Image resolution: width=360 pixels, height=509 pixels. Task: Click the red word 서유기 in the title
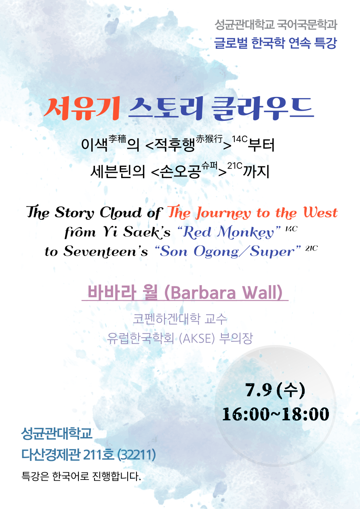click(82, 109)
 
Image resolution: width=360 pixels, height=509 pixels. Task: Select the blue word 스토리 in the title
click(166, 109)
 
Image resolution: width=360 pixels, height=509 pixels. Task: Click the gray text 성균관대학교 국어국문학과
click(276, 25)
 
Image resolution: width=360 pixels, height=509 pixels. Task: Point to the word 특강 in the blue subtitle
click(325, 43)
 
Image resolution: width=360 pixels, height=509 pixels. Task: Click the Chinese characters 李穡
click(117, 139)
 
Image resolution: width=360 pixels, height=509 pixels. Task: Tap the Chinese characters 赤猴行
click(209, 139)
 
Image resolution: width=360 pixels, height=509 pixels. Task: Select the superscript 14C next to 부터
click(240, 139)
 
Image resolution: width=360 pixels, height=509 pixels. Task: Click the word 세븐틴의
click(118, 171)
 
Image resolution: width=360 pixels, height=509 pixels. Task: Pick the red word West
click(320, 212)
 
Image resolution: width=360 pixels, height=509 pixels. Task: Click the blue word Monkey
click(246, 232)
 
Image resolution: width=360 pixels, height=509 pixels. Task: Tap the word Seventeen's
click(106, 252)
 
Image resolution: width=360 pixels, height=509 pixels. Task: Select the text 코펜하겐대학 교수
click(180, 319)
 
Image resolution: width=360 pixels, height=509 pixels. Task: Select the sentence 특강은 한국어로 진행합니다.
click(81, 475)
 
